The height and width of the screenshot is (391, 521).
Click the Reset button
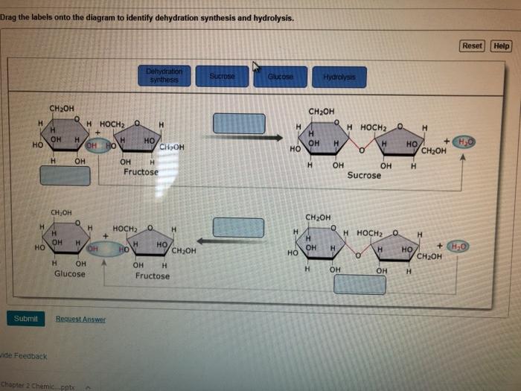coord(472,46)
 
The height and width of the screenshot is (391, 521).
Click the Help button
coord(502,46)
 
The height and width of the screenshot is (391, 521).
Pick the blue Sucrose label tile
coord(222,77)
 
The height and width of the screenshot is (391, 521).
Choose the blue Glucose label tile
coord(280,77)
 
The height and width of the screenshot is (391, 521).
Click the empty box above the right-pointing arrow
coord(239,123)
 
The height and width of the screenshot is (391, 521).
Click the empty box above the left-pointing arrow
coord(238,227)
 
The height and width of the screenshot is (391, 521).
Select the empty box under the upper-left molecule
coord(65,175)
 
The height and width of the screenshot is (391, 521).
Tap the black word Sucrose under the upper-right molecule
coord(364,176)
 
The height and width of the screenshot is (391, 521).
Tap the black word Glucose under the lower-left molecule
coord(69,274)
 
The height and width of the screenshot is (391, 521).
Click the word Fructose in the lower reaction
coord(152,276)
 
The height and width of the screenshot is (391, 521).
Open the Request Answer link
coord(80,320)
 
